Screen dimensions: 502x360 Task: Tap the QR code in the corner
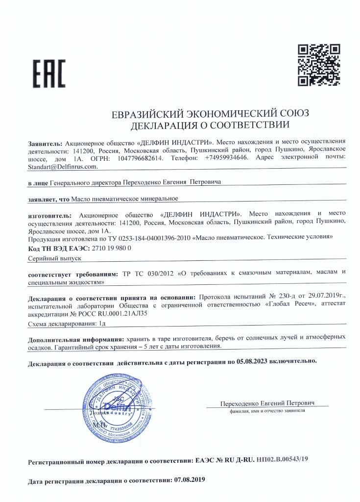pyautogui.click(x=319, y=65)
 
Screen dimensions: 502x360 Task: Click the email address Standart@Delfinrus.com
pyautogui.click(x=63, y=167)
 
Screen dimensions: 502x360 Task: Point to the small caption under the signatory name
pyautogui.click(x=266, y=412)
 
